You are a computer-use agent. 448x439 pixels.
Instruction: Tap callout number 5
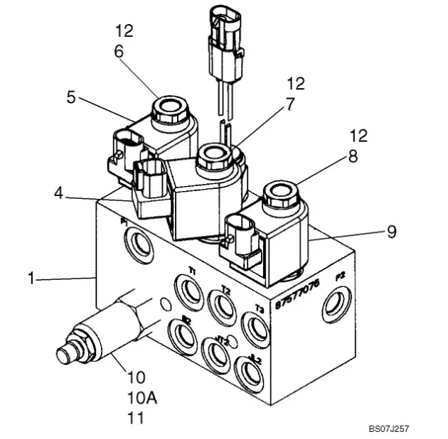[71, 97]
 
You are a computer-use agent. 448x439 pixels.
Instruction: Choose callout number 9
[391, 231]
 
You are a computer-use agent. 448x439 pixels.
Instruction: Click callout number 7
[289, 104]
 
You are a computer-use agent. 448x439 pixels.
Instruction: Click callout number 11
[135, 418]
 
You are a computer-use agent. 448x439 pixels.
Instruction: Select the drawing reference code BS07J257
[388, 428]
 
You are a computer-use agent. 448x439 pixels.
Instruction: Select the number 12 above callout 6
[123, 31]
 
